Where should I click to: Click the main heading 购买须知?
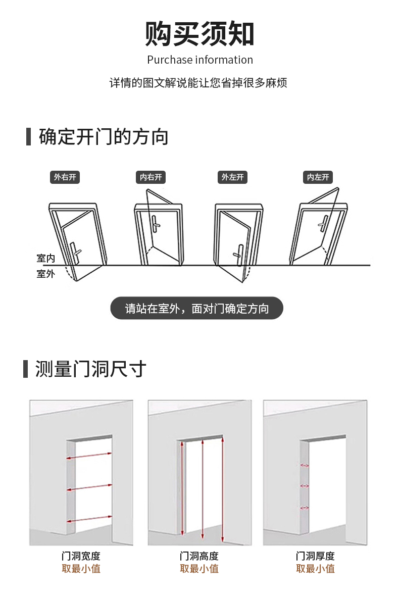click(x=199, y=34)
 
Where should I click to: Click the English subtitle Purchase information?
click(x=199, y=60)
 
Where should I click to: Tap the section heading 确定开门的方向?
click(x=104, y=137)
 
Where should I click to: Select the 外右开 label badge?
click(x=65, y=177)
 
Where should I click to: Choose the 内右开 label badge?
click(x=151, y=177)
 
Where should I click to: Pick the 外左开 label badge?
click(x=232, y=177)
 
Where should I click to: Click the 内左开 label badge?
click(x=318, y=177)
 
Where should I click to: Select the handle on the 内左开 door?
click(x=324, y=223)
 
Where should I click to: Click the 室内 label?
click(x=45, y=259)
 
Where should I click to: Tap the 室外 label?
click(x=45, y=274)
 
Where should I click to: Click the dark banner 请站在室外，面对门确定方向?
click(x=197, y=308)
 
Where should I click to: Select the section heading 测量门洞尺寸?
click(x=91, y=369)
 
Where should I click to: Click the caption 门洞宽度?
click(x=81, y=556)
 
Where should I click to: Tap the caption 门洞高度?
click(x=199, y=556)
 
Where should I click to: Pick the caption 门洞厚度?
click(x=315, y=556)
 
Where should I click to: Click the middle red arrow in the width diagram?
click(x=89, y=488)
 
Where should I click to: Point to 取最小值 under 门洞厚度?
click(x=315, y=569)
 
